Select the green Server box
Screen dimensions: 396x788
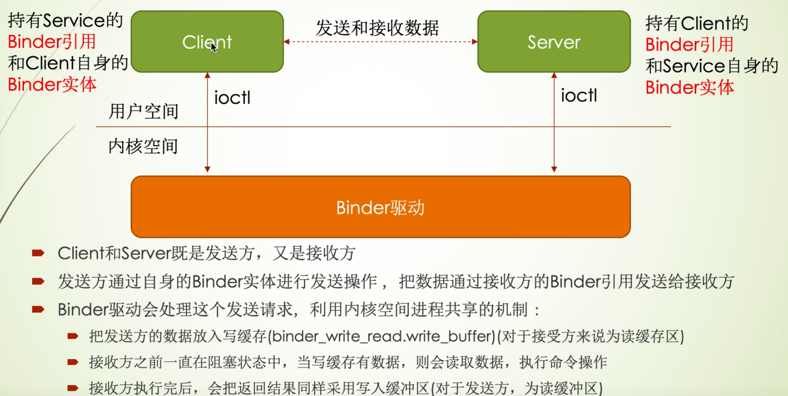pos(554,42)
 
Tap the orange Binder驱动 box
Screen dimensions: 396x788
pos(380,207)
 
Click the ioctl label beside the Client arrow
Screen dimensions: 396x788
pos(232,98)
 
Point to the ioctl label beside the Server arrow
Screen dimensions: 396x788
pos(579,95)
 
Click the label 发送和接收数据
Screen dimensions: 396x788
pos(377,28)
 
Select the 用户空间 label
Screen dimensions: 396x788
pos(143,111)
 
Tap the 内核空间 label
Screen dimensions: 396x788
pos(143,146)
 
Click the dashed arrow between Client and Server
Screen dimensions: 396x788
pos(381,42)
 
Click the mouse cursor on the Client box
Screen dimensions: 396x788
pos(214,47)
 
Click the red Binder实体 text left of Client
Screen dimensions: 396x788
pos(52,85)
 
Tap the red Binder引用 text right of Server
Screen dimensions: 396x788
pos(689,44)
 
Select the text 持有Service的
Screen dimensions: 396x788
pos(65,21)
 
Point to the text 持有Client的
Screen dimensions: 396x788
pos(697,23)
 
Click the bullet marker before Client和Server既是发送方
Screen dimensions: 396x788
pos(38,253)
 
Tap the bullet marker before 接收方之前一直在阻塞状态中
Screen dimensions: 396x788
pos(73,362)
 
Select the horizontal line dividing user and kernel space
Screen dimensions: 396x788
pos(383,127)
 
